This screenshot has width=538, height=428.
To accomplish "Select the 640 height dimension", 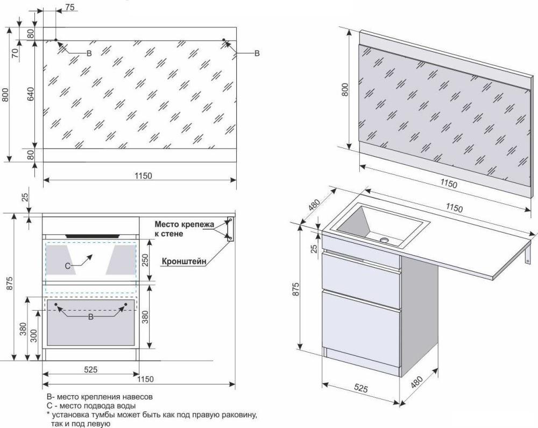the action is coord(31,94).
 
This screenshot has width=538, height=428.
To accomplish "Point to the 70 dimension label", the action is coord(15,53).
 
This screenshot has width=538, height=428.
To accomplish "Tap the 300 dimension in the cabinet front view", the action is coord(33,335).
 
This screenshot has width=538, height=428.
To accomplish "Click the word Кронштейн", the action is coord(184,261).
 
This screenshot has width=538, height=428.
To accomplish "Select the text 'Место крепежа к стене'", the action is coord(184,229).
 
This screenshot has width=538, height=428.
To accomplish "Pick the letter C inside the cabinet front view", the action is coord(68,265).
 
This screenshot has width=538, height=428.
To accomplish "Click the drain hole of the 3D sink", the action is coord(384,240).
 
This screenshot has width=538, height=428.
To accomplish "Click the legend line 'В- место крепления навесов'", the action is coord(100,397).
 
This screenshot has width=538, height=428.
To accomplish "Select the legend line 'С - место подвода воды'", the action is coord(91,406).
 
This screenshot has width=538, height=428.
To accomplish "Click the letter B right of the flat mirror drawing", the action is coord(257,53).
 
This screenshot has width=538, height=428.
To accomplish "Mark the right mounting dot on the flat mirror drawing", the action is coord(224,40).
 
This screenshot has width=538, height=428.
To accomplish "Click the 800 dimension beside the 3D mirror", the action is coord(345,89).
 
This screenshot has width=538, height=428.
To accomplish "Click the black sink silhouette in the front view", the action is coord(93,236).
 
